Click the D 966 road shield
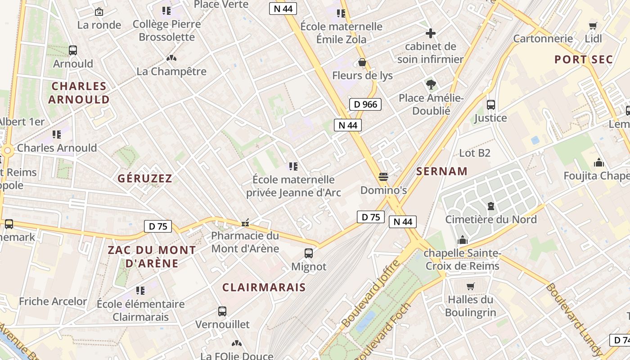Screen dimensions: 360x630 [x=365, y=104]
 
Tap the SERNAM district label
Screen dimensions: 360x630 [x=442, y=171]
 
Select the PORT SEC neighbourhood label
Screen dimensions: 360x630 [x=583, y=59]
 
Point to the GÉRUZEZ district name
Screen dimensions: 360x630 [x=145, y=179]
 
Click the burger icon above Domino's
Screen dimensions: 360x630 [x=383, y=177]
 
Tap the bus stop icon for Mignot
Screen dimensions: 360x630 [x=309, y=253]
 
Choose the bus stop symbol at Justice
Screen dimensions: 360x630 [x=490, y=105]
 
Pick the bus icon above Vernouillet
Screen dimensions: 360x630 [x=222, y=311]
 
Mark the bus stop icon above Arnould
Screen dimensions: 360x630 [x=73, y=50]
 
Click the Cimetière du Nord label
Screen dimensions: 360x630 [x=490, y=220]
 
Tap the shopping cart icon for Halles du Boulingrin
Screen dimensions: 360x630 [x=471, y=286]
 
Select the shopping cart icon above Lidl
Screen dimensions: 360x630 [x=593, y=26]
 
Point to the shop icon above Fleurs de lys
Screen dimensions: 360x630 [x=362, y=62]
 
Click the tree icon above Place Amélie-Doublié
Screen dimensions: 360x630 [x=431, y=84]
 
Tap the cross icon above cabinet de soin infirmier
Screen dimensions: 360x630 [x=431, y=33]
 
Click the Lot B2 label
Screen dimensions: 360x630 [x=474, y=153]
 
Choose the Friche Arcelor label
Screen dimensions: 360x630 [x=53, y=301]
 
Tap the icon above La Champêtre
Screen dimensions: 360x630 [x=171, y=58]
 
